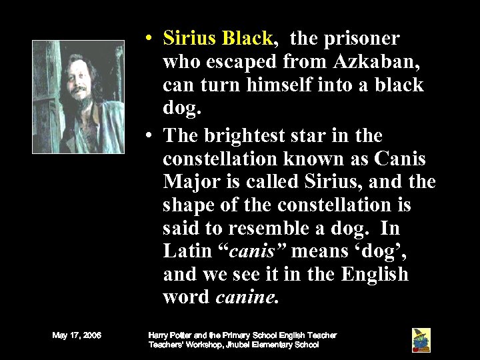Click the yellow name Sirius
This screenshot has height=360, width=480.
coord(191,38)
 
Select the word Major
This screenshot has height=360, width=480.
coord(190,182)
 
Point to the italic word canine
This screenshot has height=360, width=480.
coord(245,297)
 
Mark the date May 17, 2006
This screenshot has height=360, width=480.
coord(77,335)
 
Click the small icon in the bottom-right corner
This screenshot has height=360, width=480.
coord(421,339)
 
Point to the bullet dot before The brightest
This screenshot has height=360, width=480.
coord(153,137)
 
